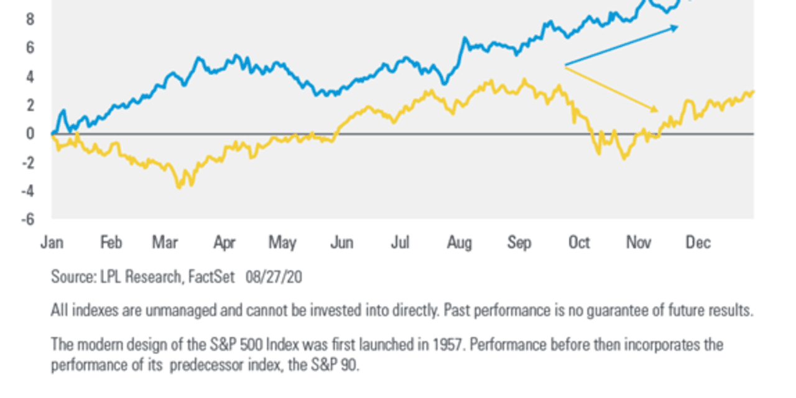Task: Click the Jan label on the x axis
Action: coord(52,243)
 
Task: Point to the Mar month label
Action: coord(164,243)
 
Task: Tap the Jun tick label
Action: coord(341,243)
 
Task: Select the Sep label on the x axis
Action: coord(519,243)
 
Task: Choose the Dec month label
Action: coord(698,243)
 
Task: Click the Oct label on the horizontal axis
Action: coord(578,243)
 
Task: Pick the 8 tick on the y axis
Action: coord(30,19)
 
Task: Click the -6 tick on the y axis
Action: coord(27,219)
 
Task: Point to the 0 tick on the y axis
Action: coord(30,133)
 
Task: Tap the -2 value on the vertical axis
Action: coord(27,162)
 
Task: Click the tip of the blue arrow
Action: coord(678,26)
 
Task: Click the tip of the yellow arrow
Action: coord(658,112)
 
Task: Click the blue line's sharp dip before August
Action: coord(443,83)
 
